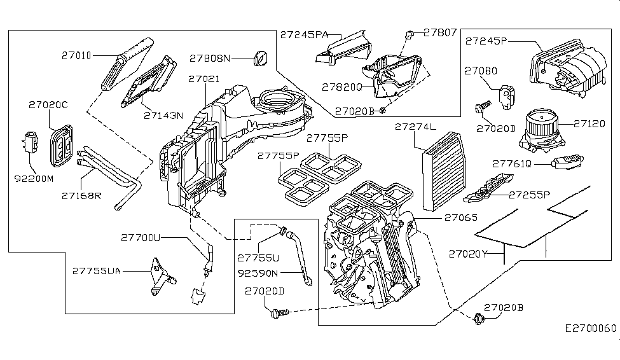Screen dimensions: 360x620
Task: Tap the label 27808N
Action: (209, 58)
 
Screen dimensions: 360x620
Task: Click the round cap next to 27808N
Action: (260, 57)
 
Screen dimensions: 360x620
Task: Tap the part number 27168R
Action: (81, 195)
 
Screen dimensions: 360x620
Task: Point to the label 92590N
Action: (258, 274)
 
